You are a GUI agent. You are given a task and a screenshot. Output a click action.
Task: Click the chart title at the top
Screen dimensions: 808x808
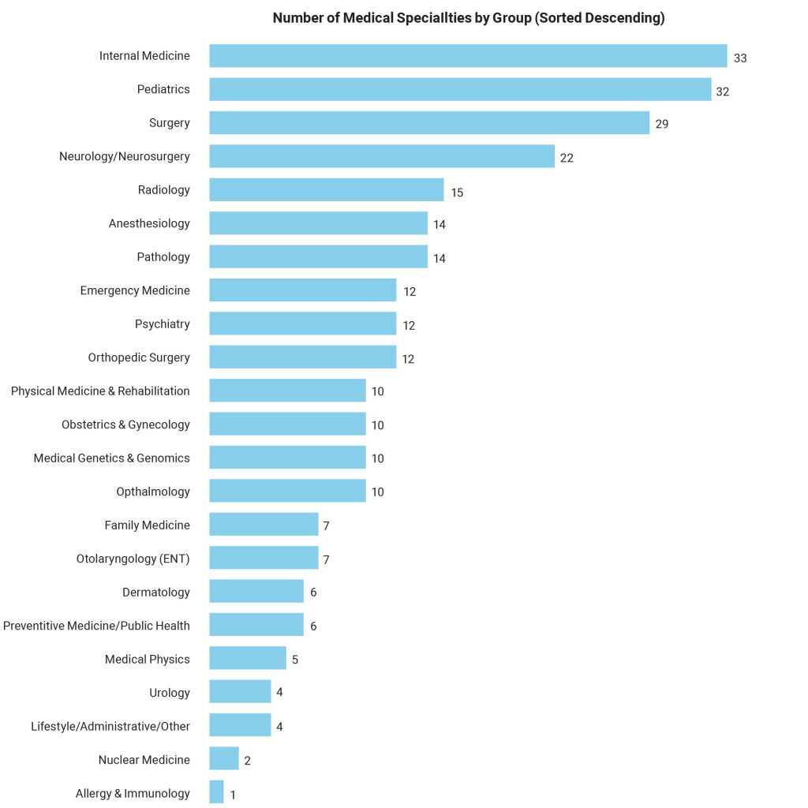coord(469,18)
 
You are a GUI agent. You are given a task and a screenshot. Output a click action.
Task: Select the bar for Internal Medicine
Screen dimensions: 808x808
coord(468,56)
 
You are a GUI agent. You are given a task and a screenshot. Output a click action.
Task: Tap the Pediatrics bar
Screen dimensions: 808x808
coord(460,89)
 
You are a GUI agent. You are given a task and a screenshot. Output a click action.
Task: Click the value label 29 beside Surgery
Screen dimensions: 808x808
coord(661,124)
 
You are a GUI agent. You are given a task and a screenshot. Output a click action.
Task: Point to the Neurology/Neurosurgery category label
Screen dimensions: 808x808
coord(125,156)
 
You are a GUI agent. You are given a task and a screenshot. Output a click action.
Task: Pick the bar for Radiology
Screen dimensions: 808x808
coord(327,189)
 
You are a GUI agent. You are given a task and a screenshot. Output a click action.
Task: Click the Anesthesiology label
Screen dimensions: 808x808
coord(149,223)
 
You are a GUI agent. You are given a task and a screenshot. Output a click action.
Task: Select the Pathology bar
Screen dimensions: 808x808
coord(318,256)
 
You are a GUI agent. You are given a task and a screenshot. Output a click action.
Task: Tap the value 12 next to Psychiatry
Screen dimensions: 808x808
coord(409,325)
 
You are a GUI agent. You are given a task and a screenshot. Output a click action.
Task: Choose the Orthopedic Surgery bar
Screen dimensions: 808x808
coord(302,357)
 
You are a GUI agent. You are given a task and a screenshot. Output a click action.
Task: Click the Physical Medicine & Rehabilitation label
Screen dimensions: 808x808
coord(100,391)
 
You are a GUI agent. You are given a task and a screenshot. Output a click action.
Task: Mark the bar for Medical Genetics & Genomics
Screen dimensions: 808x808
coord(287,458)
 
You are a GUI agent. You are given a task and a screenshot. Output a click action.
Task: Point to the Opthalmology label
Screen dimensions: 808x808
coord(153,492)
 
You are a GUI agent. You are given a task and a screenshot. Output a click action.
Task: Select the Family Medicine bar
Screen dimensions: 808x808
coord(264,525)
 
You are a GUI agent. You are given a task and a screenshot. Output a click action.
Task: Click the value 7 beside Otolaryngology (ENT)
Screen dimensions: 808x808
coord(326,559)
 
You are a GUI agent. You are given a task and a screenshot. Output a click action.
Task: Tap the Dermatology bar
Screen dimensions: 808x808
coord(256,592)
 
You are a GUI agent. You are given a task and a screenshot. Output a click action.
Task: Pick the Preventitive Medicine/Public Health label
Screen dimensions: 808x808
coord(96,626)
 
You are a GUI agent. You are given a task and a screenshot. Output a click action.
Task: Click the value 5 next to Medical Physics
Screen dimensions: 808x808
coord(295,660)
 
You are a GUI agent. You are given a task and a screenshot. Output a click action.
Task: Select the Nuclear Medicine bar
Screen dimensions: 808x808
coord(224,760)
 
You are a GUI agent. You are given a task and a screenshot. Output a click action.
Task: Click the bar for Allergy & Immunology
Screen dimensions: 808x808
coord(216,792)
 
